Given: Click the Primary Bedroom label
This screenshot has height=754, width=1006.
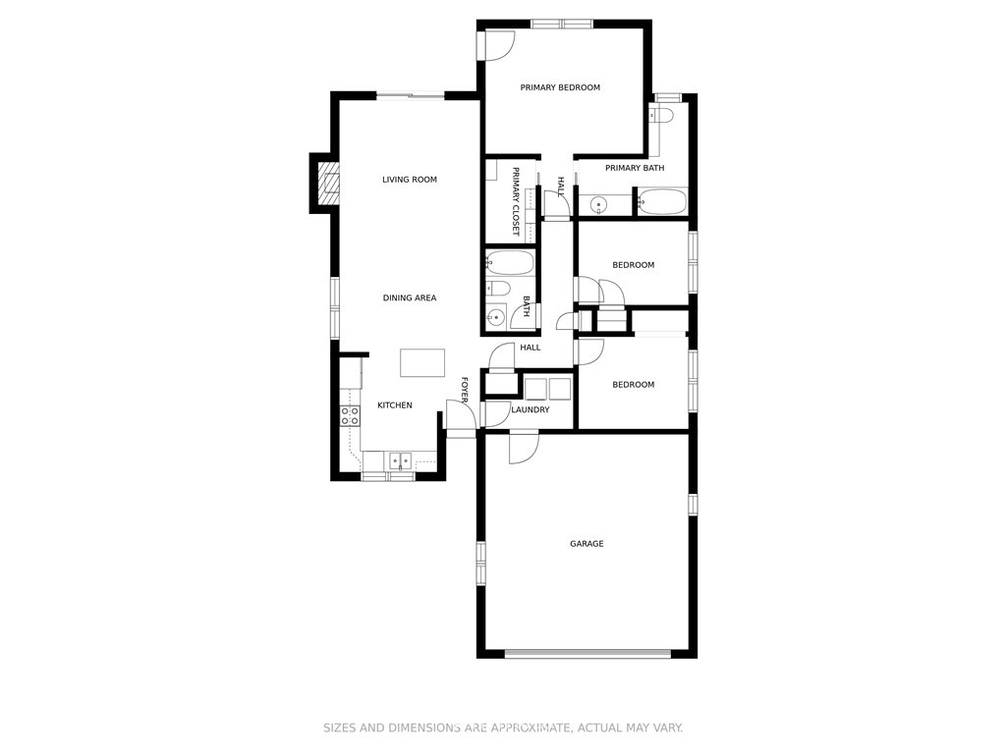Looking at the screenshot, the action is click(x=560, y=87).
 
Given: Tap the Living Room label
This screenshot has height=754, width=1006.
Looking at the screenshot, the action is click(x=410, y=180).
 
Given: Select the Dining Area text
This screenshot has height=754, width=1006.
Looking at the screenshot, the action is click(x=410, y=297).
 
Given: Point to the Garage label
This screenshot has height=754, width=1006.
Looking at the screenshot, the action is click(x=587, y=544).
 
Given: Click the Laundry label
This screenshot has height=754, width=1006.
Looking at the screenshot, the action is click(x=530, y=409).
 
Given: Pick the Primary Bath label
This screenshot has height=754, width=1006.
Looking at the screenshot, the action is click(x=635, y=168).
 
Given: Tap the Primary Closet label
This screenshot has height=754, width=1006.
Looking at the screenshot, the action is click(x=515, y=202).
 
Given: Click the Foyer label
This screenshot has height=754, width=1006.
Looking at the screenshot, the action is click(x=465, y=390).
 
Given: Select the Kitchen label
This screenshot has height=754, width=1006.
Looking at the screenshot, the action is click(x=395, y=405).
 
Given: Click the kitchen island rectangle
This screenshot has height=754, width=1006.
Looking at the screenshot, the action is click(x=422, y=363).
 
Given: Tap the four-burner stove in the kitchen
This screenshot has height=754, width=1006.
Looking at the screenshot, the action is click(x=350, y=416).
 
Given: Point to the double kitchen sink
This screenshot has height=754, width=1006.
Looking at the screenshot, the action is click(x=401, y=460).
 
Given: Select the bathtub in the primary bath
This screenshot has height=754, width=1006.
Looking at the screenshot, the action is click(x=662, y=202).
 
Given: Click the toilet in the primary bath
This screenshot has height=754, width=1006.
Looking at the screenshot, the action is click(x=660, y=116).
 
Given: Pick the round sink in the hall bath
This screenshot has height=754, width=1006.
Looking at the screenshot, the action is click(x=495, y=316).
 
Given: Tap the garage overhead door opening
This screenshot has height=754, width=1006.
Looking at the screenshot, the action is click(x=587, y=654).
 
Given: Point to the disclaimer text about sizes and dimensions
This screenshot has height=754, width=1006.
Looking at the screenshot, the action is click(x=502, y=727).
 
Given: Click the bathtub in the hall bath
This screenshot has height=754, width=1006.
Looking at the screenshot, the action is click(x=510, y=263).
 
